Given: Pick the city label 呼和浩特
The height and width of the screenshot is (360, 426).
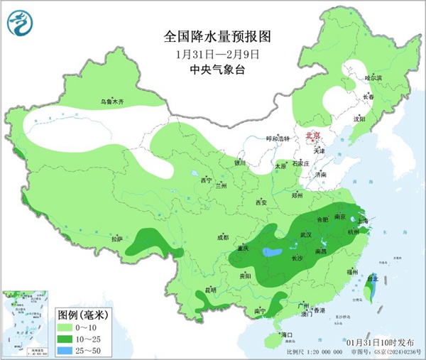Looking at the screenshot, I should coord(278,138).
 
